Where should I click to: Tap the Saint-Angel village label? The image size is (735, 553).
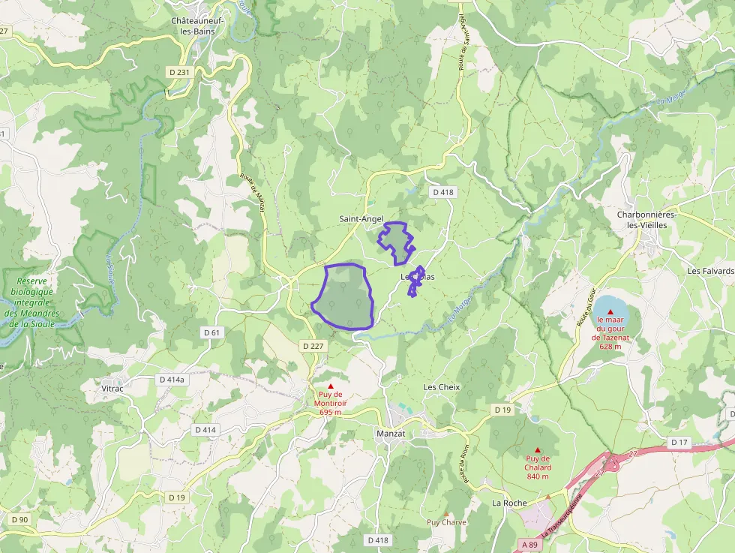pos(361,219)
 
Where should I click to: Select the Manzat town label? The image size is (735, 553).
pos(390,434)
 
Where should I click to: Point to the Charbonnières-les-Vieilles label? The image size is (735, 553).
pos(646,220)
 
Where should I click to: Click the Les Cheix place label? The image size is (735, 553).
pos(442,387)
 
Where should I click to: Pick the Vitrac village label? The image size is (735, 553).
pos(112,389)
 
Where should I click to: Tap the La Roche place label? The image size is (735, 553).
pos(509,503)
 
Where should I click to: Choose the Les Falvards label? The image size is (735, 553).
pos(709,271)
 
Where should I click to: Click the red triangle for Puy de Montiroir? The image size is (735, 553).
pos(330,386)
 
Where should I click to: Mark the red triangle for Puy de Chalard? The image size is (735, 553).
pos(538,450)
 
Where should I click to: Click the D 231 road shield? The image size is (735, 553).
pos(178,72)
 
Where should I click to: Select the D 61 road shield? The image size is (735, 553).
pos(212,332)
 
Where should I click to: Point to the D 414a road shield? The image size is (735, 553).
pos(171,380)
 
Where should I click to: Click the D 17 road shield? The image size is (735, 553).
pos(679,442)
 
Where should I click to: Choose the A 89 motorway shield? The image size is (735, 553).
pos(530,544)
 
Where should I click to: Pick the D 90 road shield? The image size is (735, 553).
pos(19,520)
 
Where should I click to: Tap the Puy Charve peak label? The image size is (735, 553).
pos(446,522)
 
